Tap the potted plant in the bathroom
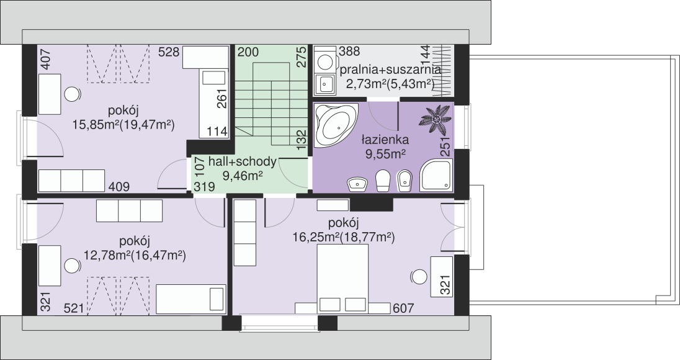point(435,119)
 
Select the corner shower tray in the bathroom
point(436,175)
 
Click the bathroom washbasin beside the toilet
point(357,184)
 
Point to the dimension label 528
point(169,53)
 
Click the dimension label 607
point(403,308)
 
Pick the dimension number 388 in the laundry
point(349,51)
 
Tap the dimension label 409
point(119,187)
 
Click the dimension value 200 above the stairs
point(248,53)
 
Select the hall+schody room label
point(243,162)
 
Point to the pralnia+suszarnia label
point(390,70)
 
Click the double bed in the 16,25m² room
point(343,279)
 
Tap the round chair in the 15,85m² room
point(73,93)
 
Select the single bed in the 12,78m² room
point(191,299)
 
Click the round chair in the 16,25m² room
point(419,276)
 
